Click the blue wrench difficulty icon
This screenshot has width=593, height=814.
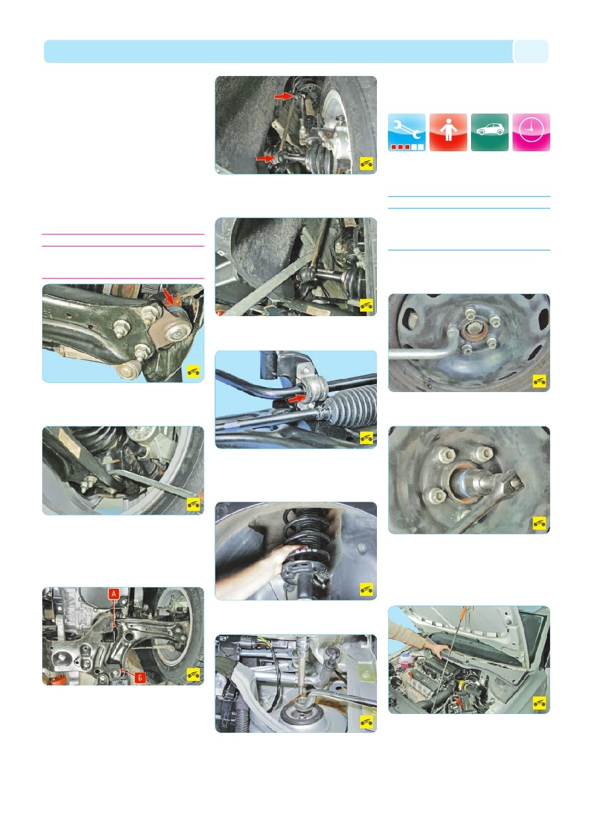click(407, 132)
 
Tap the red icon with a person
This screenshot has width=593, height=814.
click(448, 132)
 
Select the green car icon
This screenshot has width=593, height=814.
click(489, 132)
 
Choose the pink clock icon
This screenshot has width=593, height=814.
click(531, 132)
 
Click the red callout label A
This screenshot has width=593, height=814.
click(114, 594)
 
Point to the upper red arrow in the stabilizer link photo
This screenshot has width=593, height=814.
click(284, 96)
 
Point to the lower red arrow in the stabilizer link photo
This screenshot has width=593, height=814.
click(265, 158)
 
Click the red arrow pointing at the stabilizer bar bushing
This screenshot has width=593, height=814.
click(298, 399)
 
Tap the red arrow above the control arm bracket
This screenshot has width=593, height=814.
click(168, 296)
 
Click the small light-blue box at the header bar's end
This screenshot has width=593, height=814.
click(531, 51)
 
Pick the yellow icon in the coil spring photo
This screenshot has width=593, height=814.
click(367, 589)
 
